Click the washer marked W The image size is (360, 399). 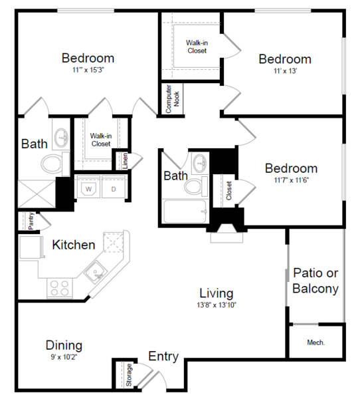(88, 186)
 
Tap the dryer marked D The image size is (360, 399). (114, 186)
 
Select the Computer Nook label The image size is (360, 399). (173, 99)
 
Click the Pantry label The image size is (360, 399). (31, 221)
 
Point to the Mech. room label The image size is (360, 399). (315, 342)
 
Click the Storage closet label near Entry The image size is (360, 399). (129, 375)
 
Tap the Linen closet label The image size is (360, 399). (125, 161)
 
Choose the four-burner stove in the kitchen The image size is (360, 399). (60, 289)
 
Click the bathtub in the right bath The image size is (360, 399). (185, 211)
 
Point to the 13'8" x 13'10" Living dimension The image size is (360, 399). (217, 305)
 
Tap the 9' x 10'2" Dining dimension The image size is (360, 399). (64, 357)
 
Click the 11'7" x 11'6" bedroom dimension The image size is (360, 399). (291, 180)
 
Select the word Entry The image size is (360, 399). (163, 356)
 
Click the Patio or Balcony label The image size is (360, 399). (315, 281)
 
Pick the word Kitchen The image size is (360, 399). (74, 245)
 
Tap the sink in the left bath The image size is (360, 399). (62, 138)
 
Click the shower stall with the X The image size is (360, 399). (37, 194)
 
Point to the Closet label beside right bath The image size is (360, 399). (228, 190)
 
